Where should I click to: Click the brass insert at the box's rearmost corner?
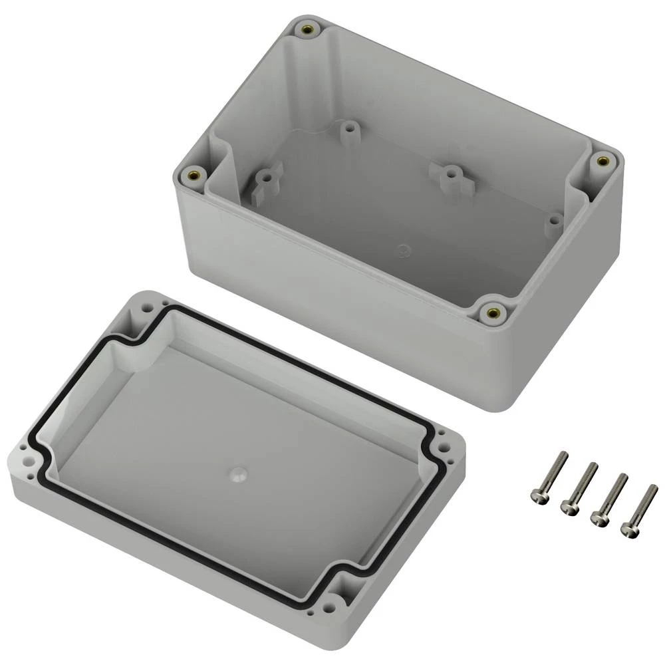tap(307, 29)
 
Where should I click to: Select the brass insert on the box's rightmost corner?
tap(602, 160)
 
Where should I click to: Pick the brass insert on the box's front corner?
tap(492, 312)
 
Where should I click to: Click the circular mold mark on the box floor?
tap(403, 251)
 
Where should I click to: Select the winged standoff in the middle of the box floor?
tap(450, 174)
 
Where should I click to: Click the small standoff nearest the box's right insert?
tap(553, 222)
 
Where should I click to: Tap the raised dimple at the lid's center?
tap(238, 475)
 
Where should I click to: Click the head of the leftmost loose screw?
tap(539, 495)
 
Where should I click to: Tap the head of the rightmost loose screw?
tap(628, 529)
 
